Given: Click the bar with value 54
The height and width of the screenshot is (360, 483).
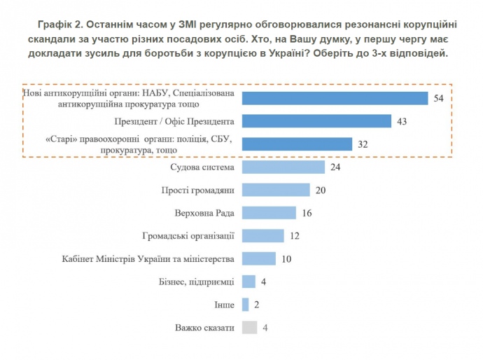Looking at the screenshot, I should coord(335,98).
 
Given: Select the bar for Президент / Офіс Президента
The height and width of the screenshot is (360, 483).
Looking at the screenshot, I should coord(316,121).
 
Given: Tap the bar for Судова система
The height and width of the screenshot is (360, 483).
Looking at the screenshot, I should coord(283,167).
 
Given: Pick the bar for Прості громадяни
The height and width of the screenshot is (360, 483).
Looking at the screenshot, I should coord(276,190).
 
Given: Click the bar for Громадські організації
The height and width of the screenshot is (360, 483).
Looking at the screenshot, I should coord(262,236).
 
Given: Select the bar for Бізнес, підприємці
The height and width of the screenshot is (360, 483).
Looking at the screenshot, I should coord(248,282).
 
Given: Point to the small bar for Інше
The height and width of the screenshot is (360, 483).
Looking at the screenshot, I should coord(245,305).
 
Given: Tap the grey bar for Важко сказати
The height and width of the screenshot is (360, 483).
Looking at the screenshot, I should coord(248,327).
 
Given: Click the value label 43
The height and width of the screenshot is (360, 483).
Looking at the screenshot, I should coord(402,122).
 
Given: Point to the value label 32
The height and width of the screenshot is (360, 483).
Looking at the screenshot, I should coord(363,144).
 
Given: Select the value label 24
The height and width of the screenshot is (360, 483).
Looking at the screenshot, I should coord(336,167).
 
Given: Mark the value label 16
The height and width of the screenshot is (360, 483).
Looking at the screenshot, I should coord(309,213).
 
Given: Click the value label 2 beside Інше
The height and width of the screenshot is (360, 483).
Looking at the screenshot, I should coord(257,305).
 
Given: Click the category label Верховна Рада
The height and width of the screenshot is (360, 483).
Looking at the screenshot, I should coord(204,213).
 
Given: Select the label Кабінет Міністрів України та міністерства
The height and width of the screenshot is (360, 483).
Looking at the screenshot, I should coord(148,258).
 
